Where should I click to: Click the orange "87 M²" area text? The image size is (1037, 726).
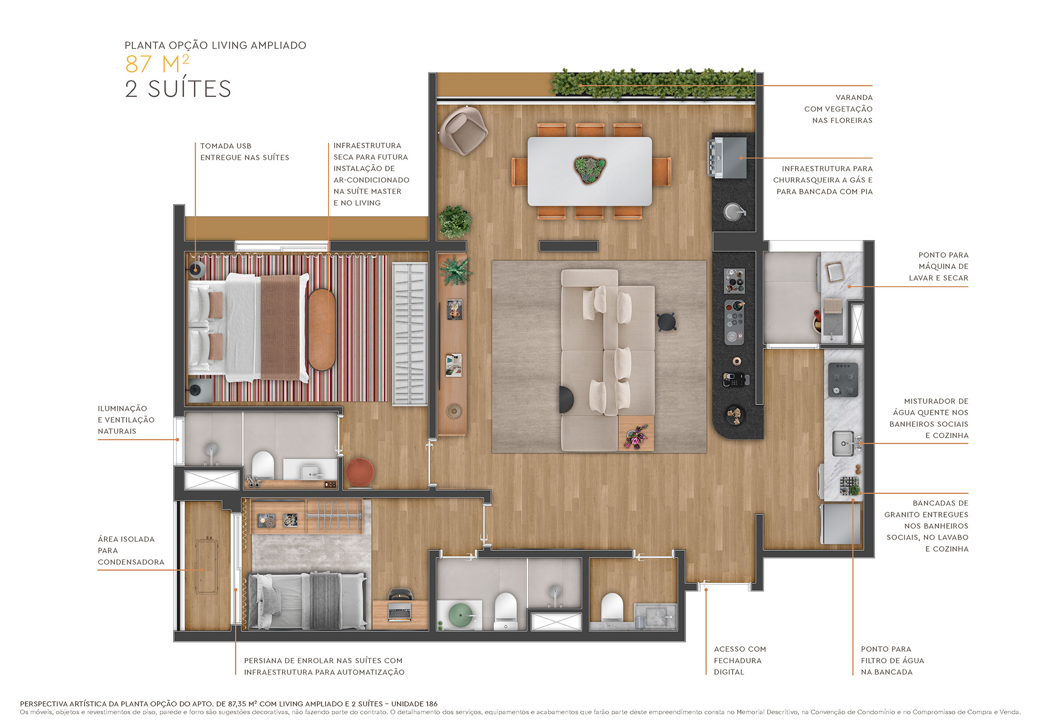[157, 64]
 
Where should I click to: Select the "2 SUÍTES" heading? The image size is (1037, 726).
[178, 89]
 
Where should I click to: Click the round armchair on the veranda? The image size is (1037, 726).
[463, 130]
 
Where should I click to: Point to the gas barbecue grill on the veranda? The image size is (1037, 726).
[728, 157]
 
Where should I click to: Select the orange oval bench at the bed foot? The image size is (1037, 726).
[321, 329]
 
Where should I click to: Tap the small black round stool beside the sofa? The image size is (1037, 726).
[666, 322]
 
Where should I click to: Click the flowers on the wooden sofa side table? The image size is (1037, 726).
[636, 436]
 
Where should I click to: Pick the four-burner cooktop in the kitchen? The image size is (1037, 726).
[843, 380]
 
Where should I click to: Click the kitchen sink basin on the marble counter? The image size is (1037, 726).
[843, 444]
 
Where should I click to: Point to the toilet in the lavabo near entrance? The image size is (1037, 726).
[612, 607]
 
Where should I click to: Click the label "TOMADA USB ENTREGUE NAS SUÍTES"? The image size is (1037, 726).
[244, 151]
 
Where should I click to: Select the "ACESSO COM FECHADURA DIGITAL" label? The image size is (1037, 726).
[739, 660]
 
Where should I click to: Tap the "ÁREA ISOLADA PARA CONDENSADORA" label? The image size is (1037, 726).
[131, 550]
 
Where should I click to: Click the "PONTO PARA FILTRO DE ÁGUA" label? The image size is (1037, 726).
[892, 660]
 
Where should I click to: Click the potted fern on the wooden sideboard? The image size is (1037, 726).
[455, 271]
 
